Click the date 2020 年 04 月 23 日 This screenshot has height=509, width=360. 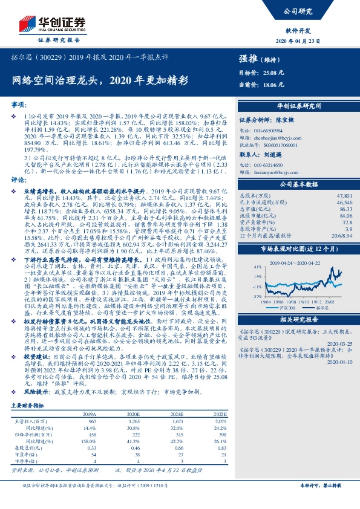(313, 40)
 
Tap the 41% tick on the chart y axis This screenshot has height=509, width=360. (241, 266)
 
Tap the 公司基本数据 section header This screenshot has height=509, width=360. (294, 184)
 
